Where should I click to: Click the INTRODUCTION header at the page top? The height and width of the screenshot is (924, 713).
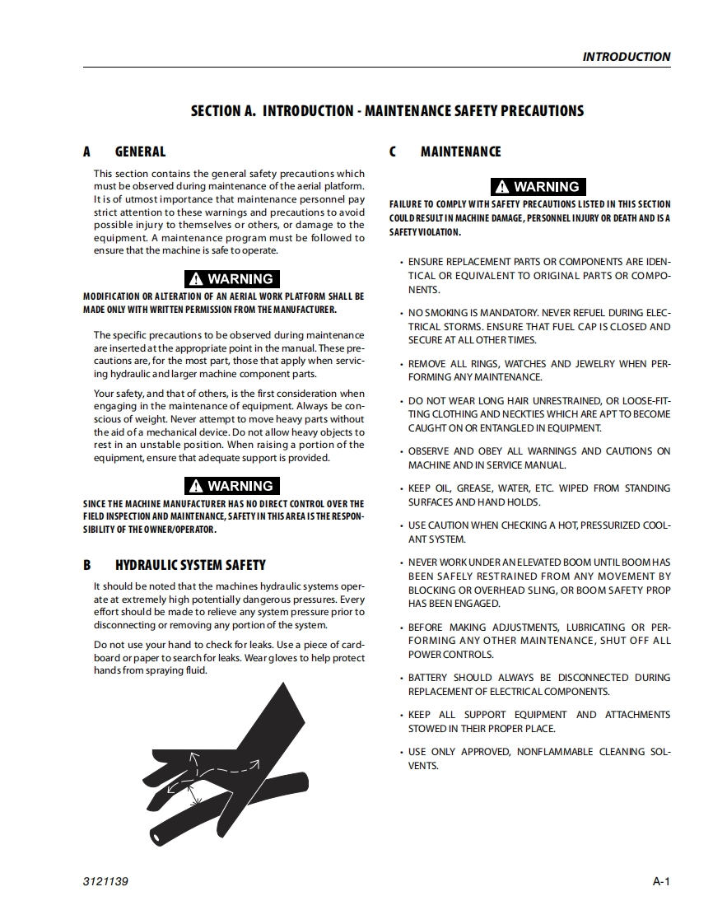coord(626,57)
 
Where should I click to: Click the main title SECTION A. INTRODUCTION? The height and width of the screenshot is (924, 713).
coord(387,110)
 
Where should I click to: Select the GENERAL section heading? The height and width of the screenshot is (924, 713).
coord(140,152)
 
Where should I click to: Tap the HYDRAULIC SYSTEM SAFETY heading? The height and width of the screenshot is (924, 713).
coord(190,565)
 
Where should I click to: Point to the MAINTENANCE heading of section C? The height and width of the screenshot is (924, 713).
coord(460,152)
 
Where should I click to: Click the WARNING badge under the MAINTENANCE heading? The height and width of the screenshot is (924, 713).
coord(538,187)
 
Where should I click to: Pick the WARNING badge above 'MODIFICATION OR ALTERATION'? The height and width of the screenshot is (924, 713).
coord(231,279)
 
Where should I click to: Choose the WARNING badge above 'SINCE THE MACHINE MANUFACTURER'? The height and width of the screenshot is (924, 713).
coord(231,486)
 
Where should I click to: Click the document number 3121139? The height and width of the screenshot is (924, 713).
coord(105,882)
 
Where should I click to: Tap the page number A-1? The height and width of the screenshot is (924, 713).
coord(661,882)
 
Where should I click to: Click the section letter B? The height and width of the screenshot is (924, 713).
coord(87,565)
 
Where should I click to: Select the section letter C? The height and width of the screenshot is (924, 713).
coord(393,152)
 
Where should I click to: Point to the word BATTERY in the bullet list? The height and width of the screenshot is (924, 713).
coord(428,678)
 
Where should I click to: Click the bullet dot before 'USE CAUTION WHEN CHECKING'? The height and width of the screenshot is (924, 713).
coord(401,525)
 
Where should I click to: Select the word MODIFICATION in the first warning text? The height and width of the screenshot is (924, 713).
coord(111,296)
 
